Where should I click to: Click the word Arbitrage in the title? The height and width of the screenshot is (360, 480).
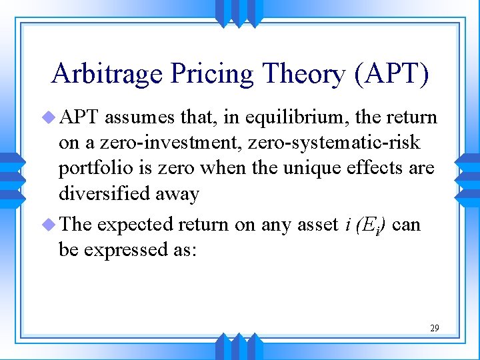point(107,74)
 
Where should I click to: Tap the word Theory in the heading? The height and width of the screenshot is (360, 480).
point(300,74)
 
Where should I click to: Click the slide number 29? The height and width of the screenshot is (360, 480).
point(434,328)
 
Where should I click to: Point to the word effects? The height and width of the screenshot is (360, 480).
point(371,168)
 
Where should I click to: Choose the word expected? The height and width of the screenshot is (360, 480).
point(135,225)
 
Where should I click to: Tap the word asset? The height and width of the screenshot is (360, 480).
point(316,225)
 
